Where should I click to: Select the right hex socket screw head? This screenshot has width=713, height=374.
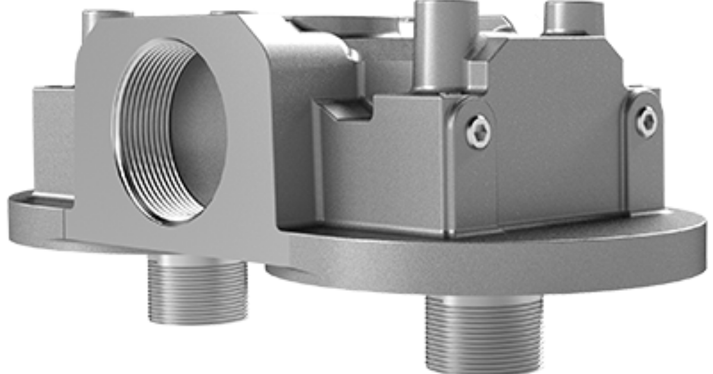tap(646, 122)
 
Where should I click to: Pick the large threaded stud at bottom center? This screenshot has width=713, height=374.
tap(484, 332)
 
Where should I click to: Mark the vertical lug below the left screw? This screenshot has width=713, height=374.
tap(475, 190)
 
